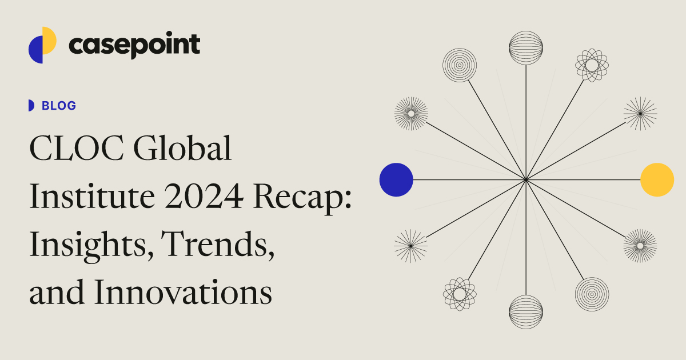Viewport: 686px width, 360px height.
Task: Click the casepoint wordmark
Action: click(x=134, y=45)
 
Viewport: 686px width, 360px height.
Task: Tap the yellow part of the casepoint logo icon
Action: click(x=50, y=39)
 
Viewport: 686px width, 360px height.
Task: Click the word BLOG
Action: click(x=59, y=106)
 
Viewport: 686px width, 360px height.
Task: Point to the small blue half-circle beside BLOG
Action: click(x=31, y=106)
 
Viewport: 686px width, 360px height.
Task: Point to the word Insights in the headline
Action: click(x=86, y=246)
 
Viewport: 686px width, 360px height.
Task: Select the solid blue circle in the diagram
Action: click(x=396, y=179)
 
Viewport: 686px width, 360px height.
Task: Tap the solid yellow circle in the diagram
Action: click(x=657, y=179)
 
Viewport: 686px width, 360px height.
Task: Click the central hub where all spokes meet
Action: click(x=526, y=180)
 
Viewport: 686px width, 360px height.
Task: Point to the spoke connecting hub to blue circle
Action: click(x=469, y=180)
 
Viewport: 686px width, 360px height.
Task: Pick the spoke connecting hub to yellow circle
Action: click(x=583, y=180)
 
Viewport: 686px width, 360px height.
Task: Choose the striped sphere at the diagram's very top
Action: click(x=526, y=48)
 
